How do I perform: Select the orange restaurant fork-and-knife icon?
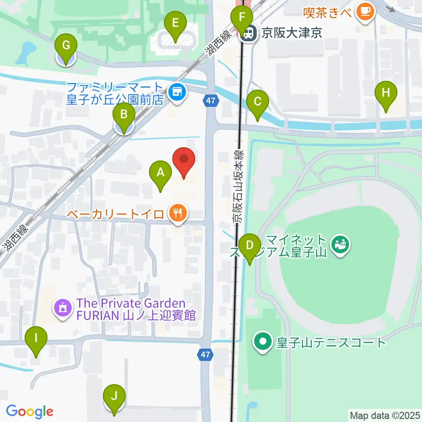[x=178, y=214]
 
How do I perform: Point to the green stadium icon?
[x=339, y=243]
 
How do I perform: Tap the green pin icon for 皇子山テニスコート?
[x=263, y=341]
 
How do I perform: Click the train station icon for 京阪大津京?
[x=249, y=33]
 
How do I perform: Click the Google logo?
[x=29, y=412]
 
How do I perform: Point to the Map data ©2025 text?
[x=385, y=415]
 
